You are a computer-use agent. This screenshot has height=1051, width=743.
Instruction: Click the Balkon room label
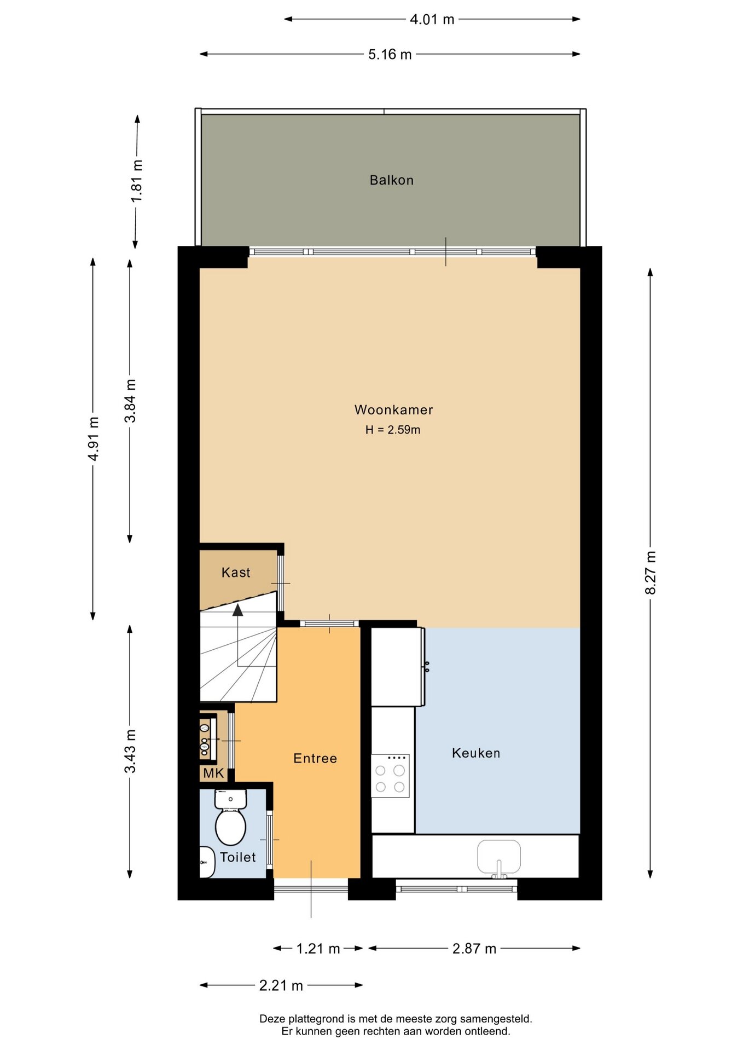(x=391, y=180)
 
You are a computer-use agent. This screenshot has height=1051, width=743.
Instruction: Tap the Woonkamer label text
(x=393, y=410)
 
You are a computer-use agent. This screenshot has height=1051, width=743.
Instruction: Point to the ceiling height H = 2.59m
(x=393, y=430)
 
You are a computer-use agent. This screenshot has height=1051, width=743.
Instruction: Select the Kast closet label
(x=236, y=573)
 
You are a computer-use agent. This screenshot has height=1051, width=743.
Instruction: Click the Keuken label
(x=476, y=753)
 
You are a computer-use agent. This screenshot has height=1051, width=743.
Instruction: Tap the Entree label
(x=315, y=758)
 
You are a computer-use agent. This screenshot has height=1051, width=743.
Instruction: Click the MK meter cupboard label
(x=213, y=773)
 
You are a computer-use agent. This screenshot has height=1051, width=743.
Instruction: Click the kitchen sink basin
(x=499, y=857)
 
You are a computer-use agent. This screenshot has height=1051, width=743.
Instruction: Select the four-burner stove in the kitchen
(x=390, y=776)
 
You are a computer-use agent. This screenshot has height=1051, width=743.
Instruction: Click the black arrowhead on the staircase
(x=237, y=610)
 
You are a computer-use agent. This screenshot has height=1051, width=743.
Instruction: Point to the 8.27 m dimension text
(x=650, y=573)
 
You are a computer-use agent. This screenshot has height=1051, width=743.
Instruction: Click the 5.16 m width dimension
(x=390, y=54)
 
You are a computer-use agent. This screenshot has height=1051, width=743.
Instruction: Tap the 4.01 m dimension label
(x=432, y=19)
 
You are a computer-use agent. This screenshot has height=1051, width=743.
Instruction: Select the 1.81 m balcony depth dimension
(x=137, y=181)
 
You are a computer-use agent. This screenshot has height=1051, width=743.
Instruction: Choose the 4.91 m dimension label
(x=94, y=438)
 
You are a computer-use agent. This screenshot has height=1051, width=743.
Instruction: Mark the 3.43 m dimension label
(x=130, y=752)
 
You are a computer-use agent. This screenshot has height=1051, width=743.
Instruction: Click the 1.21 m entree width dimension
(x=318, y=949)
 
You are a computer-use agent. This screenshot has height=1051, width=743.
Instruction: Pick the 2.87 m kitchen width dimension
(x=474, y=949)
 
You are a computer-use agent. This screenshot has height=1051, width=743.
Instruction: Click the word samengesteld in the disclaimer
(x=496, y=1019)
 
